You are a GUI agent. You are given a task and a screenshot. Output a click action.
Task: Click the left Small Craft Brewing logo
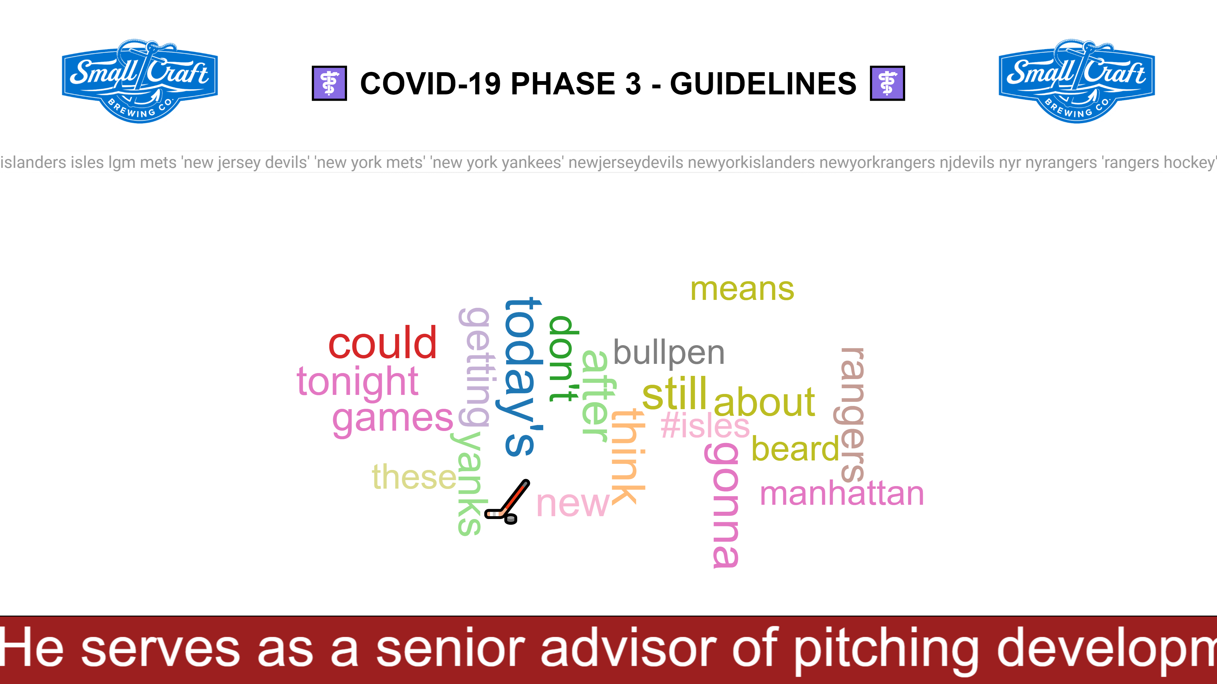pos(140,81)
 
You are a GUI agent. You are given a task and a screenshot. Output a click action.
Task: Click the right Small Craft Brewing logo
pos(1077,81)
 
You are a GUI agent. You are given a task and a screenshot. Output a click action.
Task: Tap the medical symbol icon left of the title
pos(329,83)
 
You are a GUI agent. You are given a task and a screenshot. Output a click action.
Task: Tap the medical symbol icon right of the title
pos(887,83)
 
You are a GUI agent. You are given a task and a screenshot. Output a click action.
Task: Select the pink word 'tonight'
pos(357,382)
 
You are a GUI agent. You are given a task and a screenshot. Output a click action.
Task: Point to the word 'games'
pos(393,419)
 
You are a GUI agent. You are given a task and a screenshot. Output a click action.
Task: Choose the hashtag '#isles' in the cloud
pos(705,425)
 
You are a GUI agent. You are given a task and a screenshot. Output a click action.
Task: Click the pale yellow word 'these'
pos(414,477)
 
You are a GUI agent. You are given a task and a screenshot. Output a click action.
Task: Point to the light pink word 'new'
pos(573,504)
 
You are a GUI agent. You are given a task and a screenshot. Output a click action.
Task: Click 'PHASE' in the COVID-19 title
pos(576,84)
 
